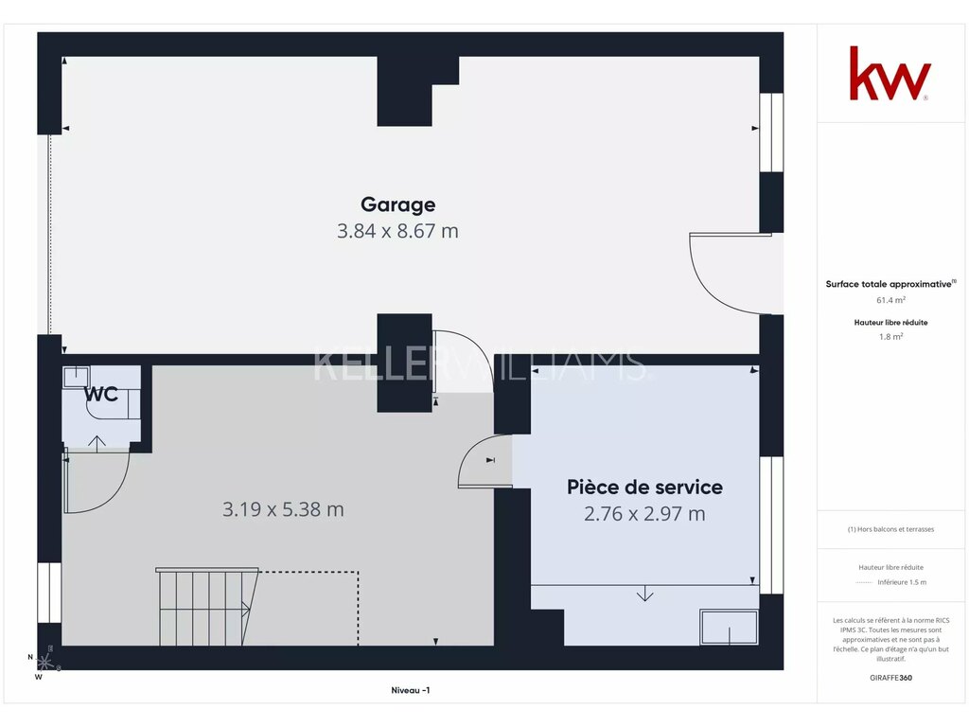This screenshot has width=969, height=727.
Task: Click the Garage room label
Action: coord(398,204)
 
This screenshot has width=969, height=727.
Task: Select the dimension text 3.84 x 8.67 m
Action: coord(397,231)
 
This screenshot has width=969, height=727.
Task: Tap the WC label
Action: coord(100,394)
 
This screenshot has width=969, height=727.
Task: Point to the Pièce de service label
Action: coord(644,488)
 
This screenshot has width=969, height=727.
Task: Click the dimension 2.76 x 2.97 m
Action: coord(644,514)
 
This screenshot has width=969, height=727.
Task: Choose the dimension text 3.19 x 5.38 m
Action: coord(283,509)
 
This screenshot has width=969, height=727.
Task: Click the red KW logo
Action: coord(890,74)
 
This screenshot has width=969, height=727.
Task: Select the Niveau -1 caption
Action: coord(411,690)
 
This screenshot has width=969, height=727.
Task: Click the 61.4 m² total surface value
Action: coord(890,300)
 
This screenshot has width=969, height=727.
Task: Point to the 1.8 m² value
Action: coord(890,337)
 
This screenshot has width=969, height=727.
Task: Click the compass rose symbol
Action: coord(44,662)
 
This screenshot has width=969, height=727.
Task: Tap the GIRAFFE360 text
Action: coord(890,678)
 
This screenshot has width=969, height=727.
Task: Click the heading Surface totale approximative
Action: coord(890,284)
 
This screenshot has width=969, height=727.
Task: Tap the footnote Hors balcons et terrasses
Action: coord(890,529)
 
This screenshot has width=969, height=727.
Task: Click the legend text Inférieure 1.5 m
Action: coord(902,582)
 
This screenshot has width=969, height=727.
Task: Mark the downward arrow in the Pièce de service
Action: coord(644,594)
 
